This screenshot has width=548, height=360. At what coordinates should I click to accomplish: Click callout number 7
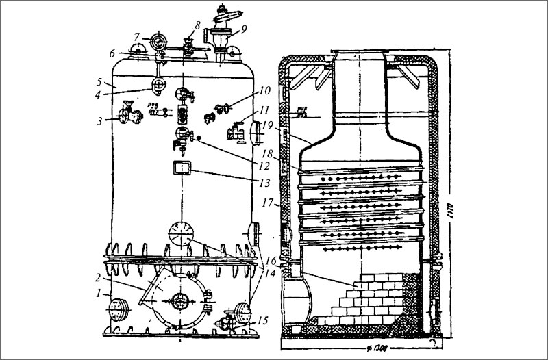137,36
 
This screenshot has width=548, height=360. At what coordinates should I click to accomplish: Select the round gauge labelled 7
158,39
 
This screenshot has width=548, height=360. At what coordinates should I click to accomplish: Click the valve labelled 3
126,114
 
